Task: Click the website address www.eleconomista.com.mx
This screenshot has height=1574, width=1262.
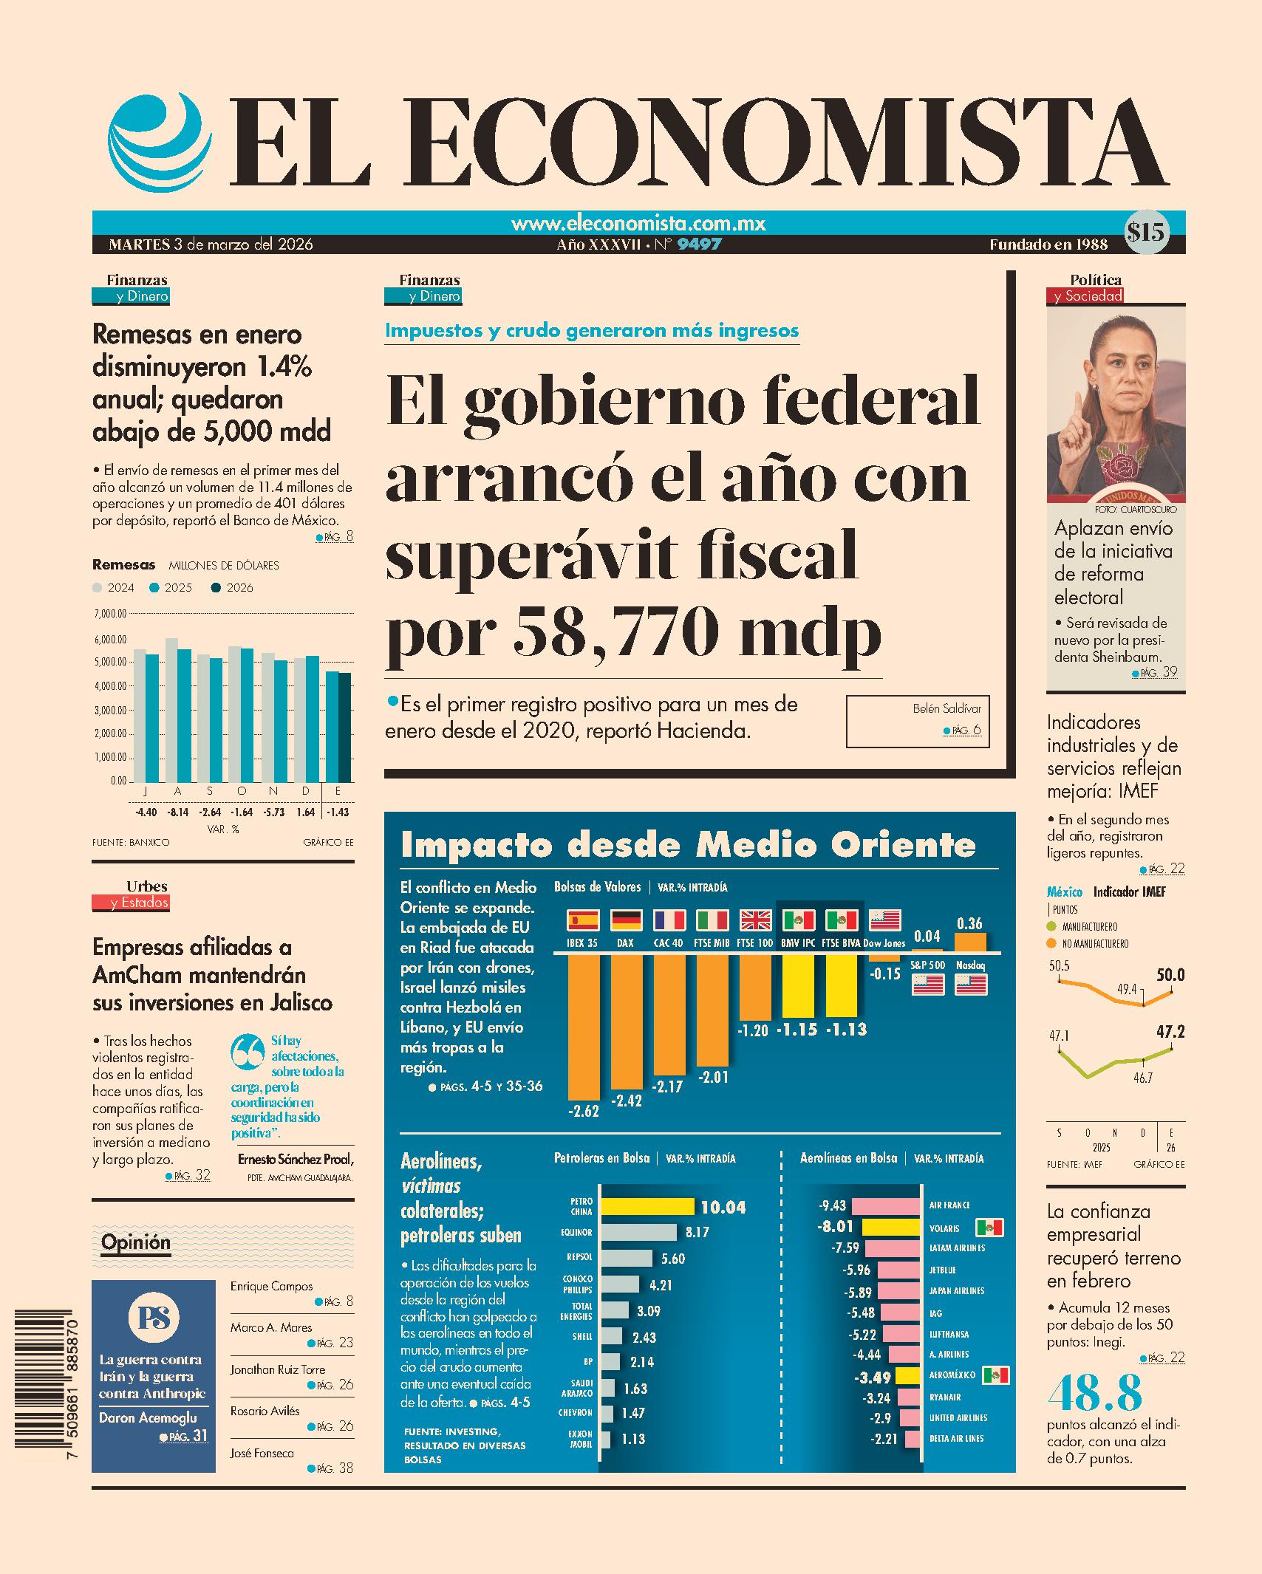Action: (x=638, y=224)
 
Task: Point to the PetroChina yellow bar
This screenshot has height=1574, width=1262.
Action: (x=647, y=1207)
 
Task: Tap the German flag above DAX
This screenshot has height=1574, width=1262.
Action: (x=626, y=920)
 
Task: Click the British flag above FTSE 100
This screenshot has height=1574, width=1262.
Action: (x=754, y=920)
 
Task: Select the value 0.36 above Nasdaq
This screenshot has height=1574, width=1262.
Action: (x=969, y=924)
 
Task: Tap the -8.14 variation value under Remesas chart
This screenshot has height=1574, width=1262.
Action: (x=178, y=812)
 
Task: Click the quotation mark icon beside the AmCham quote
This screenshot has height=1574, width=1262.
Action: (x=248, y=1053)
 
